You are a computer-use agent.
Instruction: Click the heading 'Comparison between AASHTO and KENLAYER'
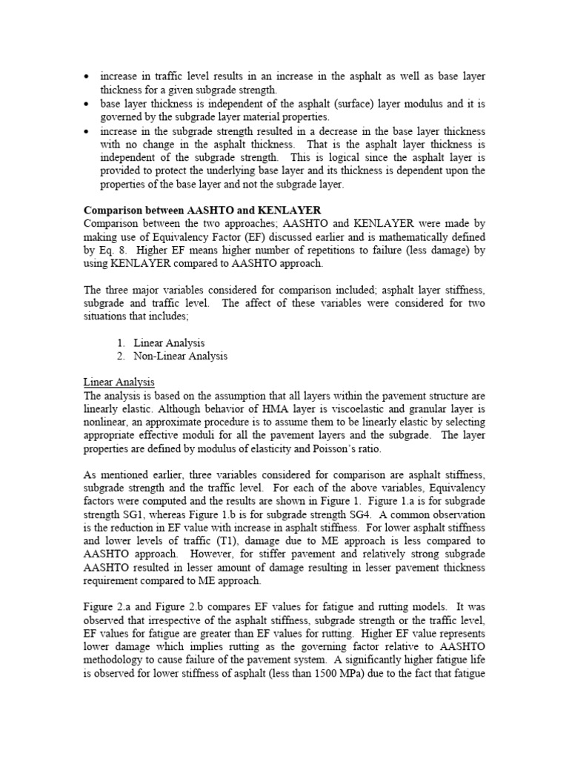click(202, 210)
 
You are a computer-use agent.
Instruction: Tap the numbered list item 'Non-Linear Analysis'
click(180, 356)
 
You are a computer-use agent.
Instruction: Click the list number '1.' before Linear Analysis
click(122, 342)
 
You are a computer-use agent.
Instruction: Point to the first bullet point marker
click(88, 77)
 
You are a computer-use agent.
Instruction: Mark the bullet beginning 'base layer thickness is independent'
click(88, 104)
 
